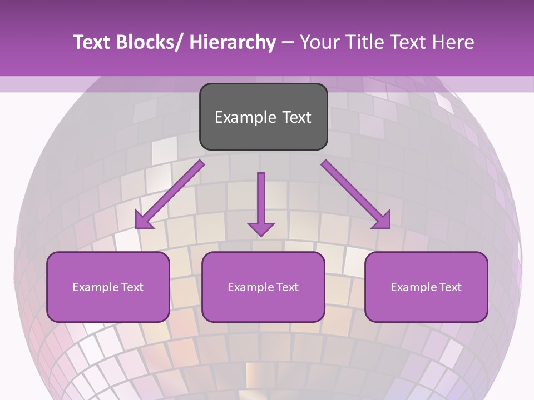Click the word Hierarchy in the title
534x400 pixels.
point(233,42)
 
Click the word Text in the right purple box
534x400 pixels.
point(450,287)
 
